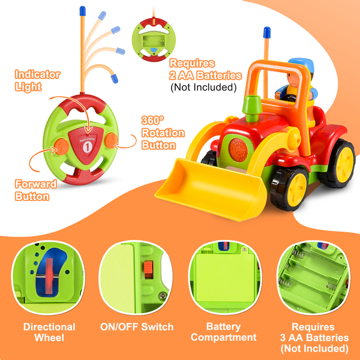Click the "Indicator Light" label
pyautogui.click(x=37, y=81)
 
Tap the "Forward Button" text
pyautogui.click(x=37, y=190)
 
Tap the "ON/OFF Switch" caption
pyautogui.click(x=137, y=327)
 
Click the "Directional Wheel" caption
pyautogui.click(x=49, y=332)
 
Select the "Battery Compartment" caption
pyautogui.click(x=223, y=332)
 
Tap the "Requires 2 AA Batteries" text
pyautogui.click(x=206, y=74)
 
